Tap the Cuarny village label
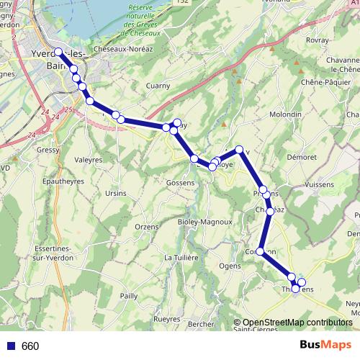(x=158, y=86)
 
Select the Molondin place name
(x=285, y=114)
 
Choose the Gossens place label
(x=179, y=184)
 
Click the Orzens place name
(x=146, y=227)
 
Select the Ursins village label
(x=116, y=193)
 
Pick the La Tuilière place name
(x=181, y=257)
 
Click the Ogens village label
(x=230, y=266)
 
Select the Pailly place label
(x=129, y=295)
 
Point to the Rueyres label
(x=167, y=319)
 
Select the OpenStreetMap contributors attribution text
(x=297, y=323)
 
